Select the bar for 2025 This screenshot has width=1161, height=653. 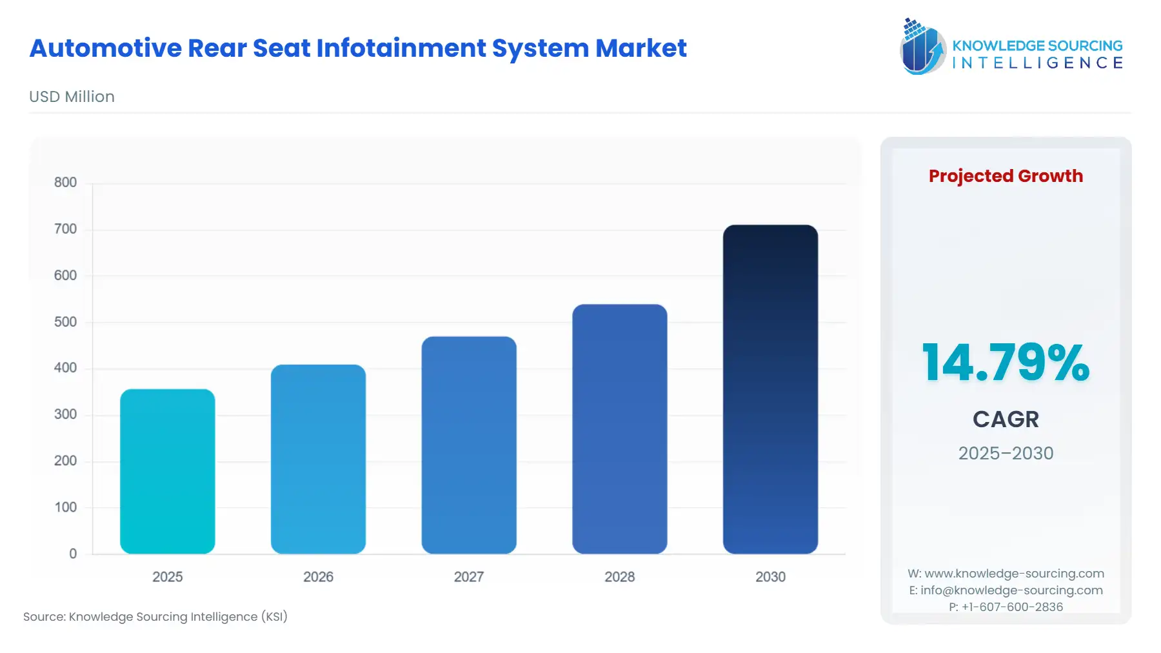(x=167, y=471)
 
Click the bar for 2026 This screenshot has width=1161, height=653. (x=318, y=459)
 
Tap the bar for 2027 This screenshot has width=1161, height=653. (x=469, y=445)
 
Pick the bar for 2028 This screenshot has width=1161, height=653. (x=619, y=428)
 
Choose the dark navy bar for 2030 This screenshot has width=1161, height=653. (x=770, y=389)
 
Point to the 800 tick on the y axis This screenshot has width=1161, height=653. (x=65, y=183)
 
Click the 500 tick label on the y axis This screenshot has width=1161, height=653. (x=65, y=322)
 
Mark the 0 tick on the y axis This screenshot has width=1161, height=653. (x=73, y=554)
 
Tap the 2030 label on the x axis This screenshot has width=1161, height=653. (x=770, y=577)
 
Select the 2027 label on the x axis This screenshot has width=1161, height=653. (x=469, y=577)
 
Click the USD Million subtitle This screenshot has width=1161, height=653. (x=72, y=97)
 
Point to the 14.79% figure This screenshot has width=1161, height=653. (x=1006, y=363)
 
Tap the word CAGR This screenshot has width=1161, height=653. (x=1006, y=419)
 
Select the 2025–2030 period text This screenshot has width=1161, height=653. (x=1006, y=454)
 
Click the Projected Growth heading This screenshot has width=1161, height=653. (x=1006, y=176)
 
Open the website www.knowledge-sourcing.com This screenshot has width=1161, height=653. (x=1014, y=574)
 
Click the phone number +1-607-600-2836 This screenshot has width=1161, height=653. (x=1012, y=607)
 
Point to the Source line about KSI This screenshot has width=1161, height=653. (x=155, y=617)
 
